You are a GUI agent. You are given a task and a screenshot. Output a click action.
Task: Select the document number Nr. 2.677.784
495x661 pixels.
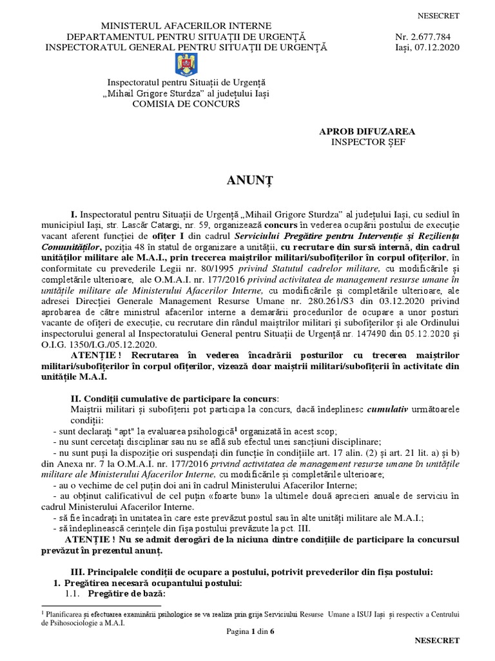coord(427,36)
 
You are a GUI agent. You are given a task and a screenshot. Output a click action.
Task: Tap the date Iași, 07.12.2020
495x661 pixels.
coord(427,47)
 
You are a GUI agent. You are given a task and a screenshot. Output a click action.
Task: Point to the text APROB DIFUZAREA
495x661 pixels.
coord(367,132)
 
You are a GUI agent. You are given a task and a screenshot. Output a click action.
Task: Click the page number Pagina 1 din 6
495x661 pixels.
coord(247,630)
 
